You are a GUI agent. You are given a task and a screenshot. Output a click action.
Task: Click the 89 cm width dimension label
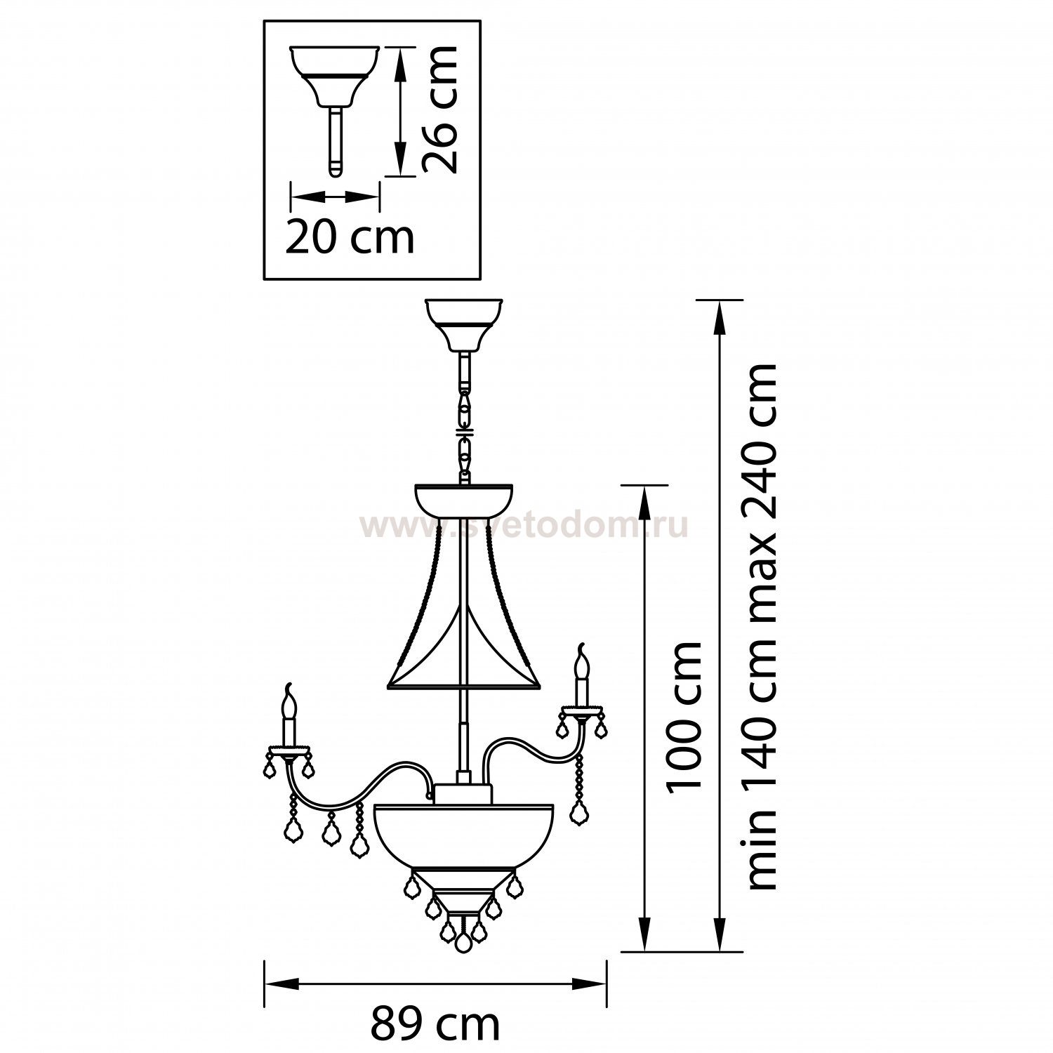tap(435, 1024)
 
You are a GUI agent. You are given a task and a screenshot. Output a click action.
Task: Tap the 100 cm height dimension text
tap(685, 716)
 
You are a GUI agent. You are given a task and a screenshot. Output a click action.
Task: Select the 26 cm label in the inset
tap(440, 110)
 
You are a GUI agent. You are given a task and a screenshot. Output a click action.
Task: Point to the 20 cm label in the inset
tap(350, 237)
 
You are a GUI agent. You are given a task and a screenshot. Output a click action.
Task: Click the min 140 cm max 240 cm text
tap(761, 627)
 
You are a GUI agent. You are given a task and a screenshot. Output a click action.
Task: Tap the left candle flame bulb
tap(287, 698)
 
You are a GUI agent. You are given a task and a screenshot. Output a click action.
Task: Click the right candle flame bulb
tap(581, 659)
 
